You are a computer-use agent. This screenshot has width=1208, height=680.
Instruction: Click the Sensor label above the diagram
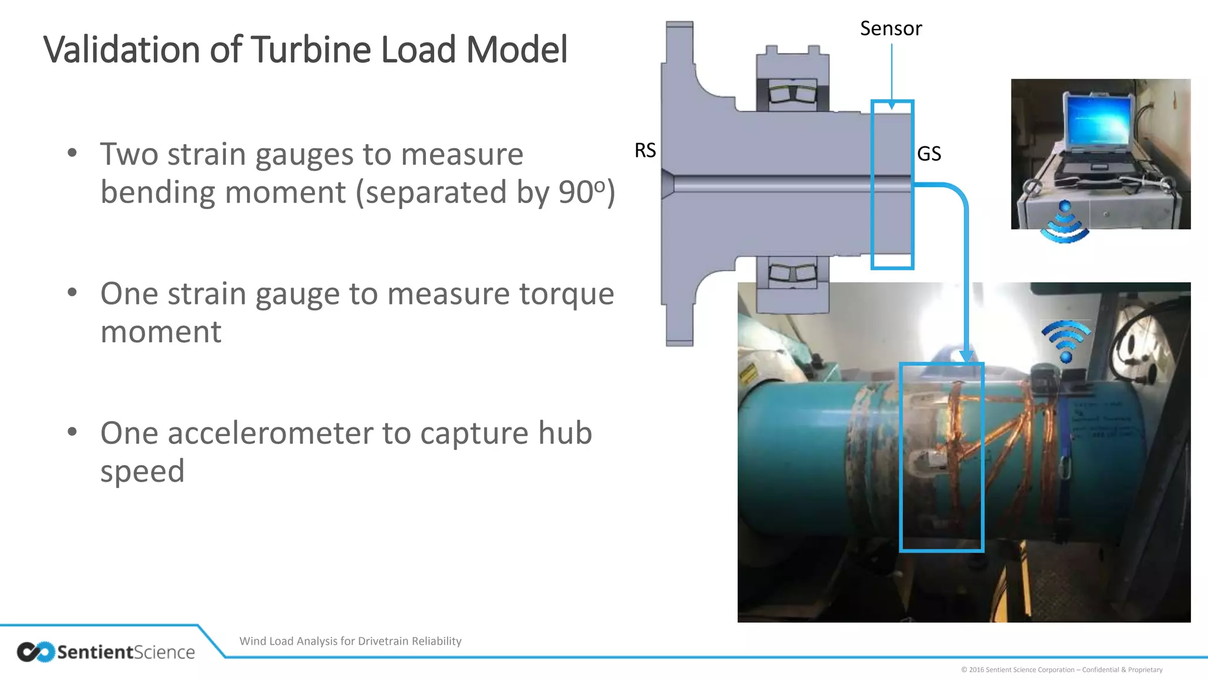(x=891, y=28)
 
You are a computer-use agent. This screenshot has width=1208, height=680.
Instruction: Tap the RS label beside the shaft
(x=645, y=151)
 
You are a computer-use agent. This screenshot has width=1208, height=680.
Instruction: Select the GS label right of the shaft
(x=929, y=153)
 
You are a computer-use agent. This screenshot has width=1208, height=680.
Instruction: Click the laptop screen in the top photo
(x=1098, y=121)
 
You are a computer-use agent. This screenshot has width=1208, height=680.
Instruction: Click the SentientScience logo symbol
(x=35, y=652)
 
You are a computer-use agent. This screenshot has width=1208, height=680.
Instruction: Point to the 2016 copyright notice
(x=1062, y=669)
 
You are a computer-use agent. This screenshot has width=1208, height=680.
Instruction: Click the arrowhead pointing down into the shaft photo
(x=966, y=356)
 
